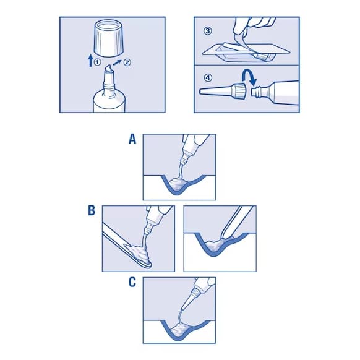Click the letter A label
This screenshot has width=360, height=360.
(x=132, y=140)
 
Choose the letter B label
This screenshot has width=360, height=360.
(x=91, y=211)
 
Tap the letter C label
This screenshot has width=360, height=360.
(x=132, y=282)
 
